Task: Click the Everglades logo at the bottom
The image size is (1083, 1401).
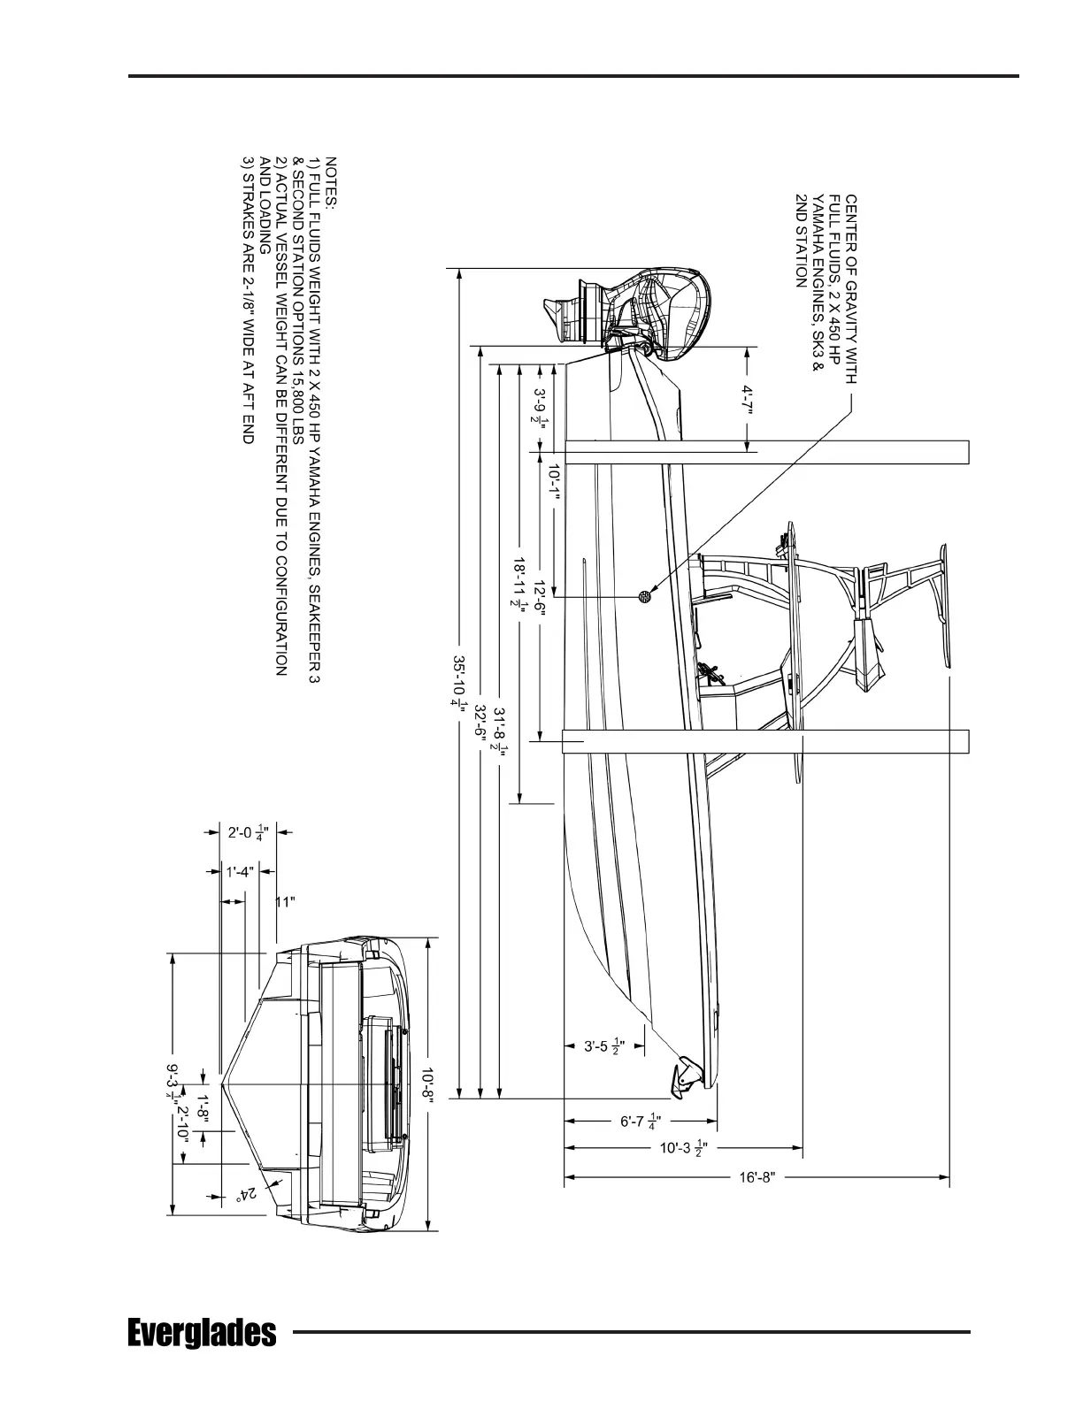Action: [x=202, y=1331]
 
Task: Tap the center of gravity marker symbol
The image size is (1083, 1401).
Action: [x=644, y=596]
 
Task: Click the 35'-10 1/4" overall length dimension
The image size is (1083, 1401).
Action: [x=457, y=681]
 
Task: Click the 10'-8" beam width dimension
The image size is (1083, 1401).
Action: [x=428, y=1084]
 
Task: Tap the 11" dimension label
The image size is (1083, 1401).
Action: [x=285, y=902]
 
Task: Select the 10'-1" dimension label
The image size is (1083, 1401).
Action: [x=555, y=483]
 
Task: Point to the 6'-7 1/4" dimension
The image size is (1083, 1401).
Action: [x=640, y=1121]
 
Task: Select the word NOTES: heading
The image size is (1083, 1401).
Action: [x=331, y=182]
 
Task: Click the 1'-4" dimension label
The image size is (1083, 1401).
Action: [x=240, y=872]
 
